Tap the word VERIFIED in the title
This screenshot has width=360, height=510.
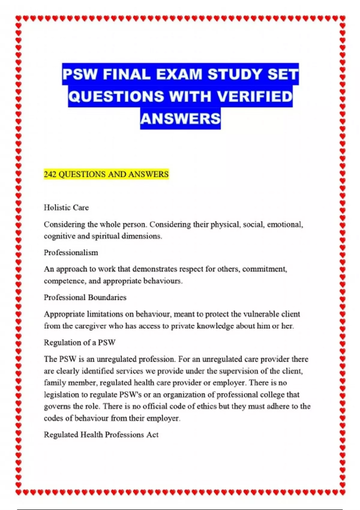pyautogui.click(x=254, y=96)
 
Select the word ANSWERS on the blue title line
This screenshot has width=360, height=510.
pyautogui.click(x=180, y=118)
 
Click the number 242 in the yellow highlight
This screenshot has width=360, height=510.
pyautogui.click(x=50, y=174)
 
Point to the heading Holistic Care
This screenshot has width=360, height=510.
pyautogui.click(x=66, y=208)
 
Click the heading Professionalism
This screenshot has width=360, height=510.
pyautogui.click(x=71, y=253)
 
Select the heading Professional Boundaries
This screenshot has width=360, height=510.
pyautogui.click(x=85, y=298)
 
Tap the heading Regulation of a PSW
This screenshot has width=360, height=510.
pyautogui.click(x=79, y=343)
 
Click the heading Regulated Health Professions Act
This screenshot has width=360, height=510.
pyautogui.click(x=101, y=435)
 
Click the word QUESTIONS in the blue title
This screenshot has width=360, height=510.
pyautogui.click(x=116, y=96)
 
